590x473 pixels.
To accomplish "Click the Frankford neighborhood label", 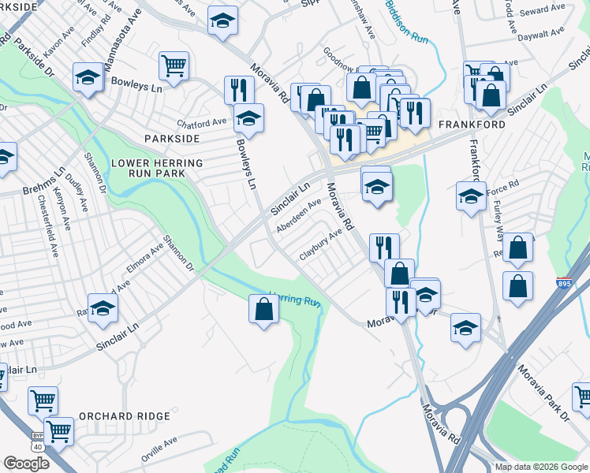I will point(472,125).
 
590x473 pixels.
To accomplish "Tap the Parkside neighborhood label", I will point(172,138).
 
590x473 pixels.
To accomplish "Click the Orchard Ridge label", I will point(125,416).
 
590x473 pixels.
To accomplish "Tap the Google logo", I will point(26,463).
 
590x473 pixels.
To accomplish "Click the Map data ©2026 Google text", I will point(541,467).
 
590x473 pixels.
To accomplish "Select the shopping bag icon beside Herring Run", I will point(263,309).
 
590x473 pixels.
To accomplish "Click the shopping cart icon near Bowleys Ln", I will point(174,66).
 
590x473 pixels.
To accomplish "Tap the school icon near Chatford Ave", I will point(249,119).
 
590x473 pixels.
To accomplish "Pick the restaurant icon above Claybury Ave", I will point(384,247).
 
